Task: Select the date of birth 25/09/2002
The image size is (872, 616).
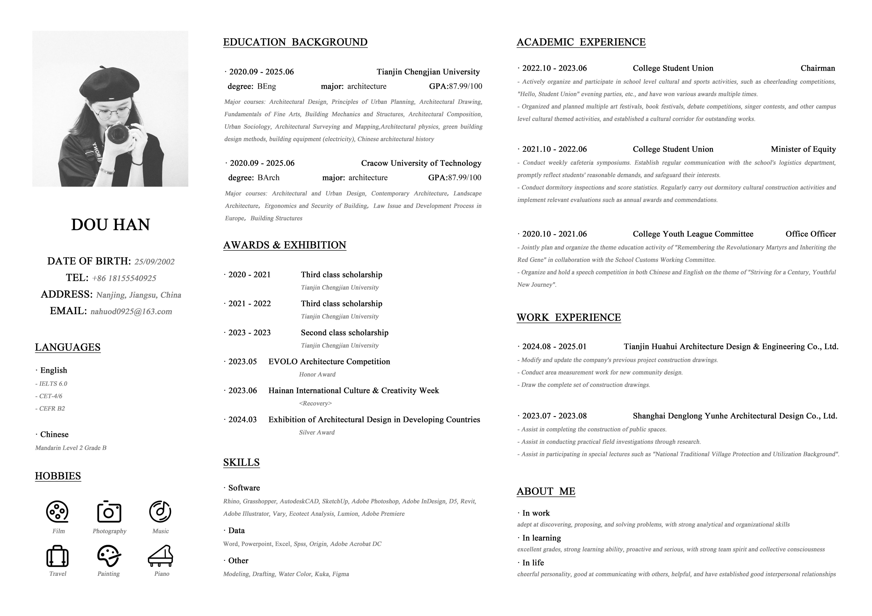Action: (155, 262)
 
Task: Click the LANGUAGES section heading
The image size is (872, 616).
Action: (68, 347)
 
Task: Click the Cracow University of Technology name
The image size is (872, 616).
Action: (421, 163)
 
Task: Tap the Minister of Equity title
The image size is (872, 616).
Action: (803, 149)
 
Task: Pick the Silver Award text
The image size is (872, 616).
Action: (317, 432)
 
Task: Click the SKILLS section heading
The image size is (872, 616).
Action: (241, 462)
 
